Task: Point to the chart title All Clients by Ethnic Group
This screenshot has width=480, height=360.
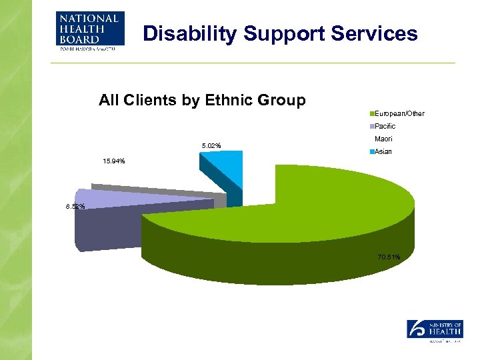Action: coord(202,101)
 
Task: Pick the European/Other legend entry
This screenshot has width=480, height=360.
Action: coord(399,113)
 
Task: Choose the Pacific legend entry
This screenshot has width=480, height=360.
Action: coord(385,126)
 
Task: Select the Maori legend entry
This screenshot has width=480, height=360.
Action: coord(383,139)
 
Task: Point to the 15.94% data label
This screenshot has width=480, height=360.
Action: coord(113,161)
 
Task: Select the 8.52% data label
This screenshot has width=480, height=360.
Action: coord(75,207)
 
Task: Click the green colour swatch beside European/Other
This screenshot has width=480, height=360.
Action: coord(371,113)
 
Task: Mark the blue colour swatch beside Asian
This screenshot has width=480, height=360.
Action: coord(371,152)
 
